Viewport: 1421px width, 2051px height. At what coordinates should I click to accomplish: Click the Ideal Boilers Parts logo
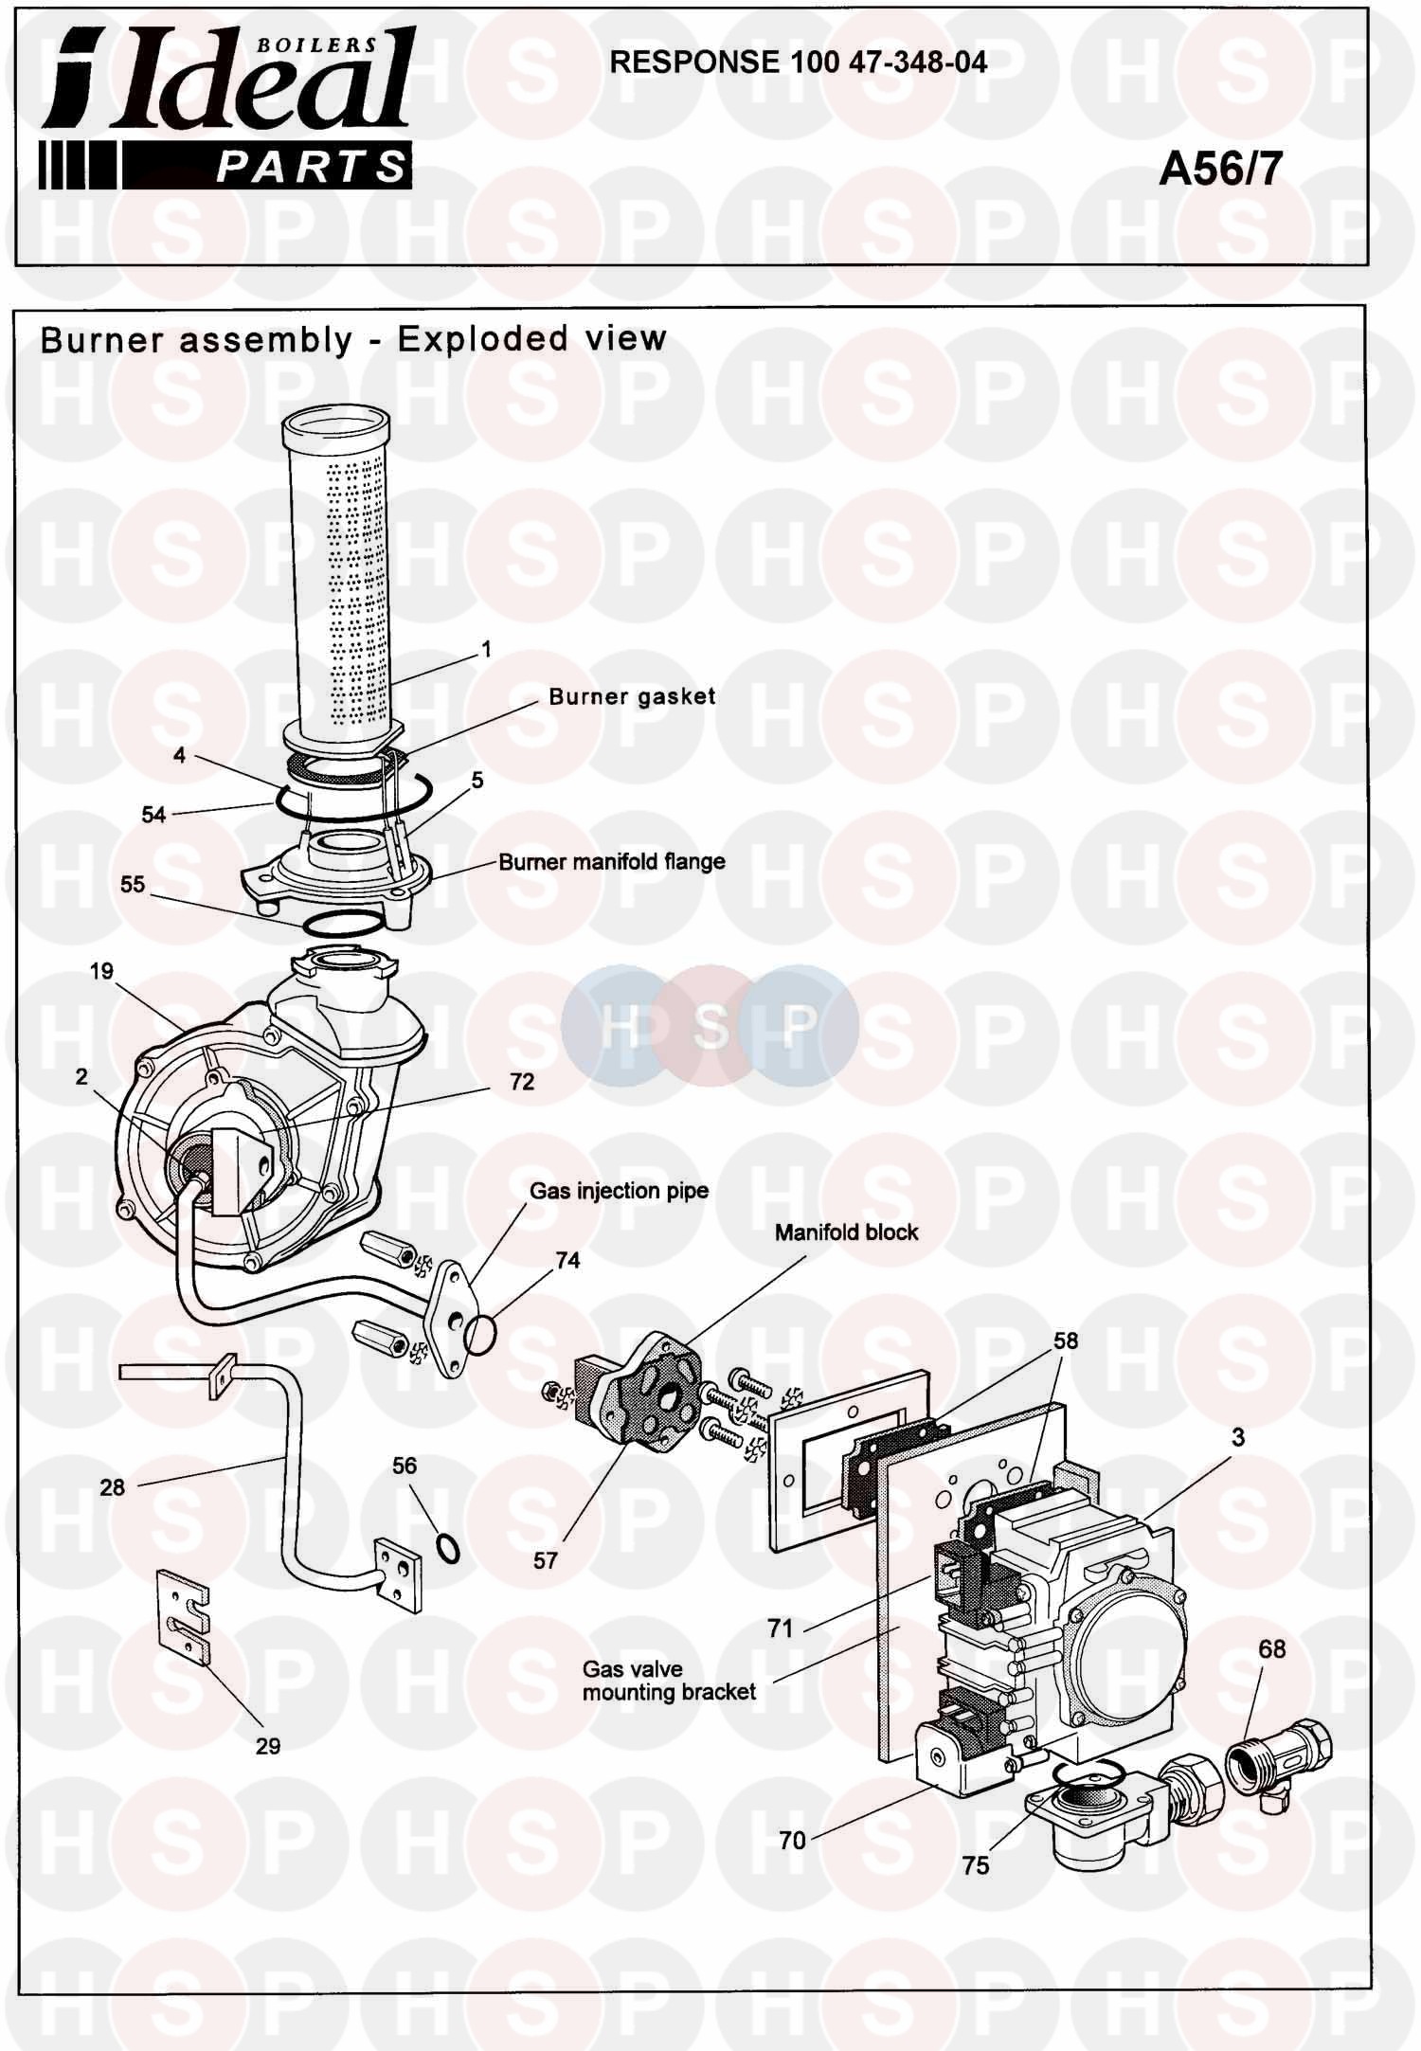(226, 108)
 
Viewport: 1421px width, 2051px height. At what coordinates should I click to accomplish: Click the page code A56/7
(1220, 170)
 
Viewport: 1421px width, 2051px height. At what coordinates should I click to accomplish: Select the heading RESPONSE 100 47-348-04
(798, 63)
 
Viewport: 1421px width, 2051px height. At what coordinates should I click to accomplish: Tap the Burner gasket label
(632, 696)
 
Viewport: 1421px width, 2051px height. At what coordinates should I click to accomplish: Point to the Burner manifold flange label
(612, 862)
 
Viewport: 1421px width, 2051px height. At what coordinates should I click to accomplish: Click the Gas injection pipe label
(619, 1191)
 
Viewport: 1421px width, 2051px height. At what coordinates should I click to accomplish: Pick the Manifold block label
(846, 1232)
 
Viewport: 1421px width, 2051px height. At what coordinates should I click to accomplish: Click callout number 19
(101, 971)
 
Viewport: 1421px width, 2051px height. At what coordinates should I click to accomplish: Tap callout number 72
(522, 1082)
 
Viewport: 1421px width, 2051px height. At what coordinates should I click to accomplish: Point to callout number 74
(567, 1260)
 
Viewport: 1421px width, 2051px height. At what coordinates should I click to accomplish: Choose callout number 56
(405, 1466)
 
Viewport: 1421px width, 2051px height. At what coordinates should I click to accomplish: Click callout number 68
(1271, 1649)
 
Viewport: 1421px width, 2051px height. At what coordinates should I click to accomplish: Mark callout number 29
(268, 1746)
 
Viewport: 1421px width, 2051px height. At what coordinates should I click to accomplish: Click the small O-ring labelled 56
(449, 1550)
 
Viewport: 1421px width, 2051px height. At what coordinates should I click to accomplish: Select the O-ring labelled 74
(481, 1337)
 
